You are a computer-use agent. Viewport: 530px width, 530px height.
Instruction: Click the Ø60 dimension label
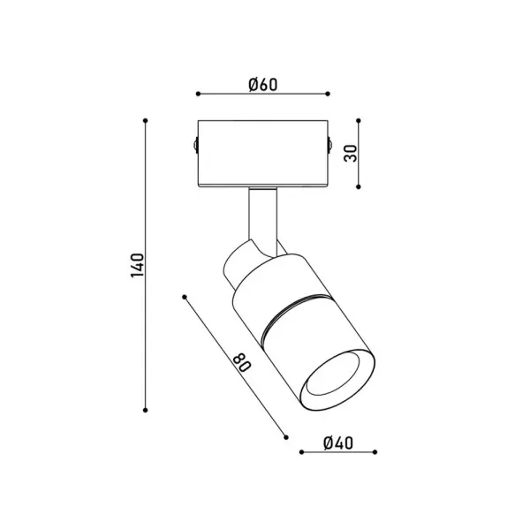pos(263,85)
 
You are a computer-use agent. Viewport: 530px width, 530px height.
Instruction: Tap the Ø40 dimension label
pos(338,443)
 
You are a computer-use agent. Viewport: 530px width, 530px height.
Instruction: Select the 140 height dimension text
pos(137,265)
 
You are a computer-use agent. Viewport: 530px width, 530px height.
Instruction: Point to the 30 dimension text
pos(351,153)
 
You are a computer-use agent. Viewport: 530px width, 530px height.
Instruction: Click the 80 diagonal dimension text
pos(242,362)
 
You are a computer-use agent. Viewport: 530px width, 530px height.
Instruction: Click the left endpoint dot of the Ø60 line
pos(198,94)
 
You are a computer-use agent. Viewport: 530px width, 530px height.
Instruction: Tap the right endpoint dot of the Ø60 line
pos(328,94)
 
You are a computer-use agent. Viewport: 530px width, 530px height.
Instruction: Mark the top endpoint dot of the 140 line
pos(146,120)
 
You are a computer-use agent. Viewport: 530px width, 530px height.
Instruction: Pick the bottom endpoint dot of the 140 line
pos(146,410)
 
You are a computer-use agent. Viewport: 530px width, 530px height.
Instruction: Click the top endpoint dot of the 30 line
pos(359,120)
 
